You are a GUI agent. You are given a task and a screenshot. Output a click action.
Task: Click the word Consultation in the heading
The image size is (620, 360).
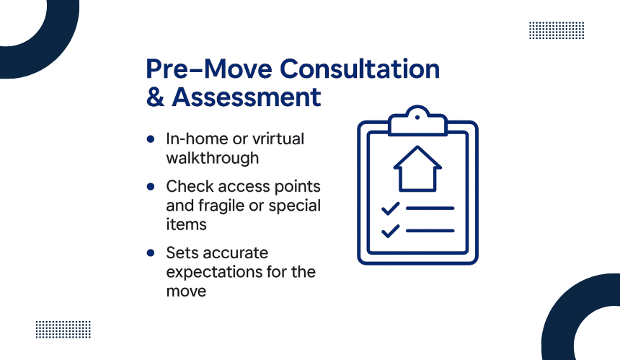click(360, 69)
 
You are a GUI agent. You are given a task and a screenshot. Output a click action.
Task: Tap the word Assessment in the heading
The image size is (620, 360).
click(247, 97)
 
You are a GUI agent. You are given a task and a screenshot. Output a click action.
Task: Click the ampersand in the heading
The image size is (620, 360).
click(156, 97)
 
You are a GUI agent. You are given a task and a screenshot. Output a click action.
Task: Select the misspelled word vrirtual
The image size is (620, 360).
click(278, 139)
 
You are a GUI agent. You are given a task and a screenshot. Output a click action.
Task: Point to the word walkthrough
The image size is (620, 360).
click(213, 158)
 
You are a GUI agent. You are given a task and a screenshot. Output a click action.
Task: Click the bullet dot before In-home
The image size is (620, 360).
click(150, 139)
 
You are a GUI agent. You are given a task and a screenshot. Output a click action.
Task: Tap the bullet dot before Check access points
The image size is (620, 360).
click(150, 186)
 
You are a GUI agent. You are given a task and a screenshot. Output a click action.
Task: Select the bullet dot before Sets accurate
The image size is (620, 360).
click(150, 253)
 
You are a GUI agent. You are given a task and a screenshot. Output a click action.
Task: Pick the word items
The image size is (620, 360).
click(186, 224)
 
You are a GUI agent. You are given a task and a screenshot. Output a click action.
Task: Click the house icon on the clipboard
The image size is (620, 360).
click(417, 169)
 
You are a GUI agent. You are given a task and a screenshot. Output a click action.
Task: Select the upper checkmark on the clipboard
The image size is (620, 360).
click(390, 208)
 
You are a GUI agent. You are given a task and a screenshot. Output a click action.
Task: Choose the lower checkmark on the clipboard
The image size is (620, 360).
click(390, 231)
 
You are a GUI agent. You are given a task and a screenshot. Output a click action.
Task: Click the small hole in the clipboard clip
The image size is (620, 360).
click(417, 118)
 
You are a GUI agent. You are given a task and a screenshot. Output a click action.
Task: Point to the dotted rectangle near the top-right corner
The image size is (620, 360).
click(557, 30)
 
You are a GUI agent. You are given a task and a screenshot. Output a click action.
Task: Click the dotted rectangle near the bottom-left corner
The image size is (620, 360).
click(63, 330)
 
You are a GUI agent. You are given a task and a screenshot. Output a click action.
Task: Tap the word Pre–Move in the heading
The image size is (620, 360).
click(209, 69)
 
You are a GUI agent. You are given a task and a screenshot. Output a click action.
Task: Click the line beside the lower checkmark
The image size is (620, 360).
click(430, 231)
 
